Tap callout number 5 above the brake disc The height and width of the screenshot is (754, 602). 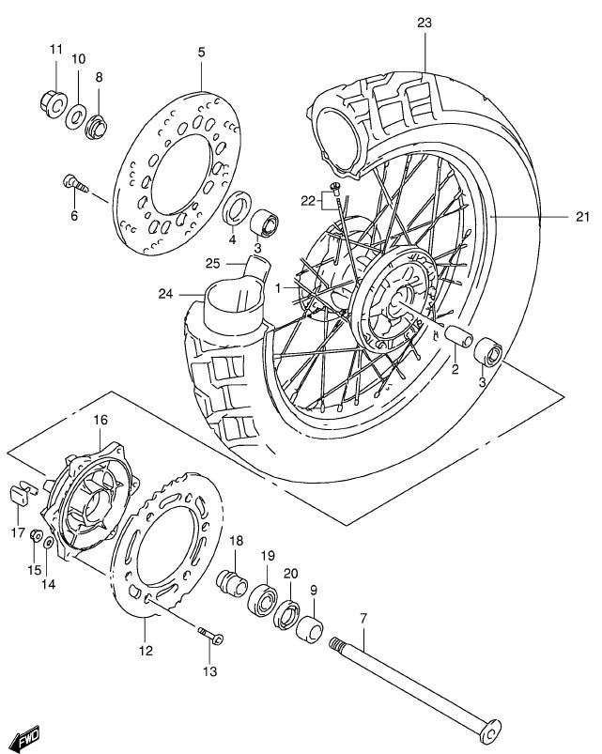coord(200,54)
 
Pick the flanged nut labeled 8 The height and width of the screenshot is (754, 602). coord(98,124)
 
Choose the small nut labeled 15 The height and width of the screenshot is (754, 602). coord(35,537)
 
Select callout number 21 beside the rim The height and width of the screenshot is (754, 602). coord(582,218)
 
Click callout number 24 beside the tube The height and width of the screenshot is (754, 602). coord(165,293)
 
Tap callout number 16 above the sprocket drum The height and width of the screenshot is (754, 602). coord(100,420)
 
